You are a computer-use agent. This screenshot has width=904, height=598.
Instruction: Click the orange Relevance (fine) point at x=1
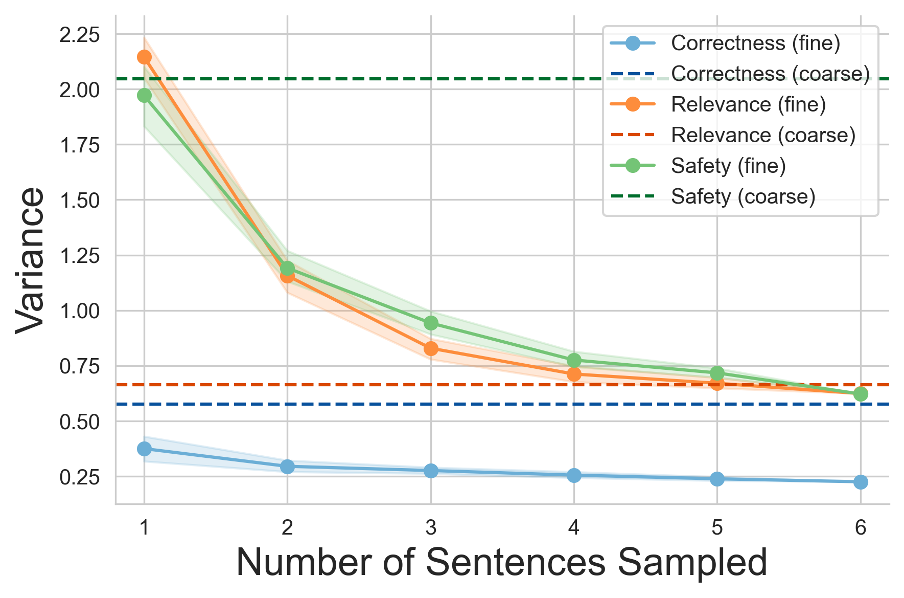coord(144,57)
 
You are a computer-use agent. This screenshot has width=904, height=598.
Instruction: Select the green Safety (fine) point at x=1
coord(144,95)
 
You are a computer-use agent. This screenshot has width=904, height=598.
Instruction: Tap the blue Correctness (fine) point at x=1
coord(144,449)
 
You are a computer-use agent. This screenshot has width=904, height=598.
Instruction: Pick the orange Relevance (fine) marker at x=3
coord(431,348)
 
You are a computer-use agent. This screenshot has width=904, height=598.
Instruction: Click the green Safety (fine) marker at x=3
coord(431,323)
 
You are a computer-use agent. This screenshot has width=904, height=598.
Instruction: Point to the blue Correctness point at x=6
coord(861,482)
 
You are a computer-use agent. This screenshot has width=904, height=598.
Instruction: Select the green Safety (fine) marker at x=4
coord(574,360)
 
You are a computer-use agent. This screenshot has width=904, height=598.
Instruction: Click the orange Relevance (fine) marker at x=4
coord(574,374)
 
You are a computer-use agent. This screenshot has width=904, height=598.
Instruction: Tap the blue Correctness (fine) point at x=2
coord(287,466)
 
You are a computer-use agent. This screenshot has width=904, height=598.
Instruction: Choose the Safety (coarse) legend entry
coord(743,196)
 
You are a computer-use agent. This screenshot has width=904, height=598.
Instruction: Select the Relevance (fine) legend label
coord(748,104)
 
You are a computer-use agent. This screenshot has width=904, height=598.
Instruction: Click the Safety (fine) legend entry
coord(728,166)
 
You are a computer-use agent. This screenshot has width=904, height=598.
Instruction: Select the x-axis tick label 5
coord(717,527)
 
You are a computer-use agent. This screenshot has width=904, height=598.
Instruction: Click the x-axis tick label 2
coord(287,527)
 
